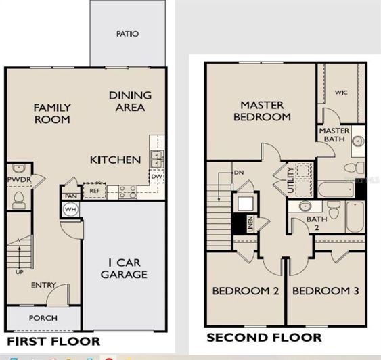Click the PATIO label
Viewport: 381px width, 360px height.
(127, 33)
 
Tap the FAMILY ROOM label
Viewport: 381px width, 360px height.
(52, 113)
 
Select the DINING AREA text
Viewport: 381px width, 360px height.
(130, 101)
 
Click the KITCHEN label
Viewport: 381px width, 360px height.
(116, 160)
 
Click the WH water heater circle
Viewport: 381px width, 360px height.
(70, 210)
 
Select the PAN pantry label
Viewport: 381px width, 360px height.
(70, 196)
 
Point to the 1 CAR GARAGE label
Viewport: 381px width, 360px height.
(124, 268)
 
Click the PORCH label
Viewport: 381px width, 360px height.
(43, 318)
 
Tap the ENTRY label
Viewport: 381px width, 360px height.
(43, 285)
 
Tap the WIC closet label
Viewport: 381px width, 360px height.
(341, 92)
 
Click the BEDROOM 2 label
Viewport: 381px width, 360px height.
(246, 291)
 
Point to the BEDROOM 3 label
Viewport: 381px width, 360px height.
(326, 291)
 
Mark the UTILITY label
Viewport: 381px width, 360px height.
(290, 181)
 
